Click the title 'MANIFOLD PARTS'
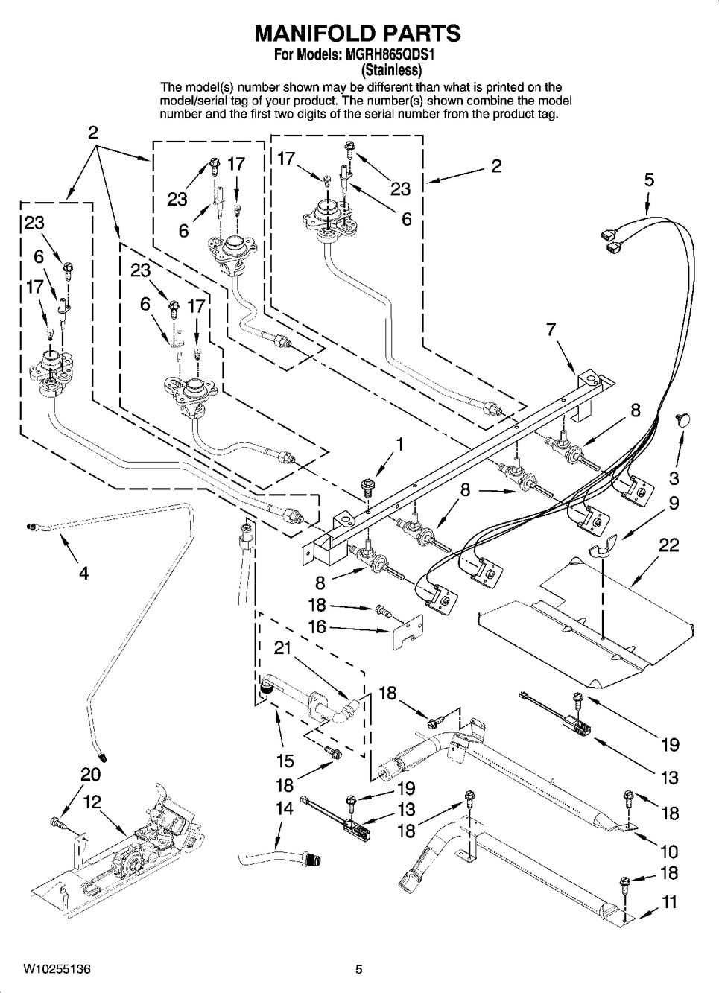pos(358,33)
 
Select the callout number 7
pos(551,329)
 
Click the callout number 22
pos(668,545)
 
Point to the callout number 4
pos(83,573)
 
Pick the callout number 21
pos(282,649)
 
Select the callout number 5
pos(649,180)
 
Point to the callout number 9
pos(673,503)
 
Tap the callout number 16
pos(318,626)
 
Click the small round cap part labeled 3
pos(682,419)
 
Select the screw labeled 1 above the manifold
pos(367,486)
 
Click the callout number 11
pos(670,902)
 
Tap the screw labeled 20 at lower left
pos(57,822)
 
